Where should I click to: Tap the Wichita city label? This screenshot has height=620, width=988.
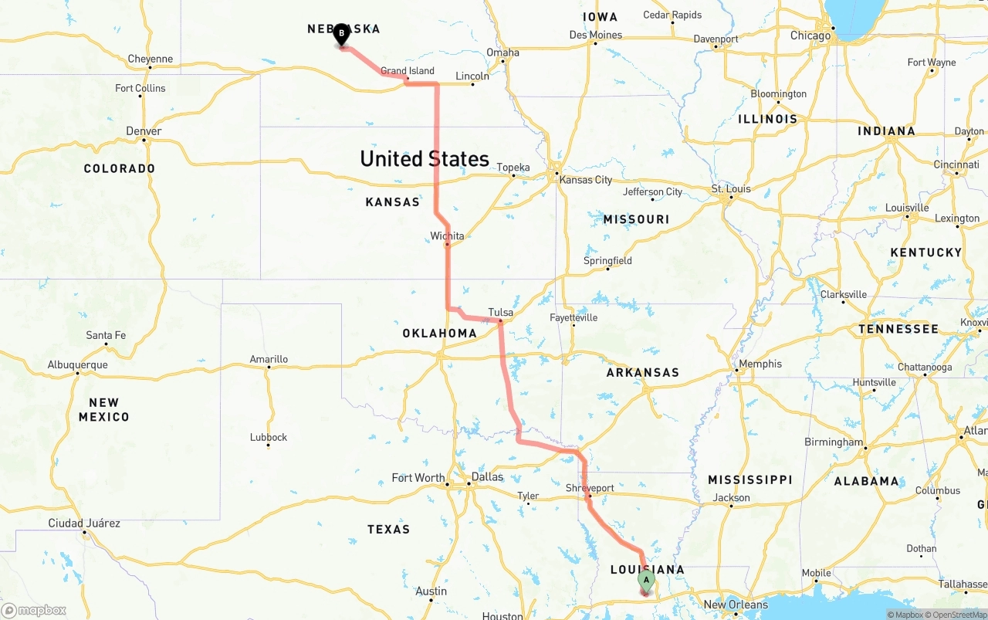(448, 236)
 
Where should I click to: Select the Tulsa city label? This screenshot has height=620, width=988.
(500, 313)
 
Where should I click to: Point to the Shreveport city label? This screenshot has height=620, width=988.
(590, 488)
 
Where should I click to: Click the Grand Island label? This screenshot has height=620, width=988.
(408, 71)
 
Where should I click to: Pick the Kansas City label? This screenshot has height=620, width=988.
(586, 180)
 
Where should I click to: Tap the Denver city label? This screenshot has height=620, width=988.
(144, 131)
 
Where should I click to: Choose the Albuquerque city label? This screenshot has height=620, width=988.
(77, 365)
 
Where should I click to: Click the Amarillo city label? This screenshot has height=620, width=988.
(269, 359)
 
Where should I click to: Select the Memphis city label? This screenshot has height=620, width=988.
(760, 364)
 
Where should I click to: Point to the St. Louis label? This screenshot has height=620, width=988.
(731, 188)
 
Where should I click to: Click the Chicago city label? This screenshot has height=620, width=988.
(810, 36)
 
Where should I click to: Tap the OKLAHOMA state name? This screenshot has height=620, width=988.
(439, 334)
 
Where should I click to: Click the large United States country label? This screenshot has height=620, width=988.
(425, 159)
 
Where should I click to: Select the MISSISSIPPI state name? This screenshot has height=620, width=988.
(749, 480)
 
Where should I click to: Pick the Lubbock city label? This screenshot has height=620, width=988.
(269, 437)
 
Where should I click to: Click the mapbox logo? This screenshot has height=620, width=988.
(34, 610)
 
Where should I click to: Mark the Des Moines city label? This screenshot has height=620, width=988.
(595, 35)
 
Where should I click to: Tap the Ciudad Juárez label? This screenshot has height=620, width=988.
(84, 523)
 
